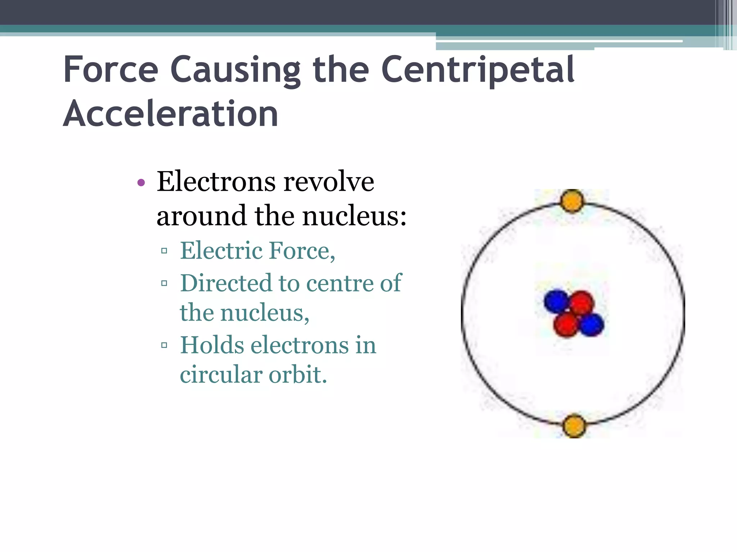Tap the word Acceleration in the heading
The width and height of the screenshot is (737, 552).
click(x=171, y=114)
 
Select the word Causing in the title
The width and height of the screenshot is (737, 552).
click(x=235, y=70)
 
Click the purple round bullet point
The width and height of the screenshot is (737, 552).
click(x=141, y=183)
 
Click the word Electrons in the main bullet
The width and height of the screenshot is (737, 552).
click(x=216, y=182)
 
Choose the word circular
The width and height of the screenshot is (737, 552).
click(x=221, y=375)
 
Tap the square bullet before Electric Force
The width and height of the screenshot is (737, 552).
click(x=164, y=251)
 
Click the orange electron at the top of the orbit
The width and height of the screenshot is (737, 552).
click(x=572, y=201)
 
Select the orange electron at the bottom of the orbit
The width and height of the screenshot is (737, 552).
click(x=574, y=426)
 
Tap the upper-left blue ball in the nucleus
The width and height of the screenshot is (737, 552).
click(x=556, y=301)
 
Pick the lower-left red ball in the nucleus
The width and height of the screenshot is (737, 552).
click(x=566, y=324)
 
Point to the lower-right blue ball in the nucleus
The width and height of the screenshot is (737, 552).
click(x=592, y=325)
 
